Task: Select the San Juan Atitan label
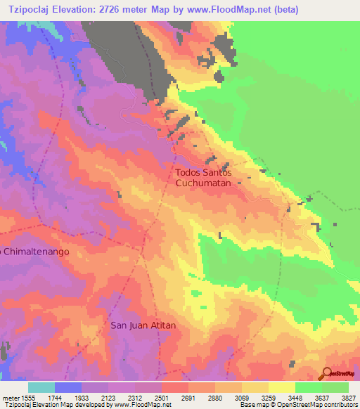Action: point(143,325)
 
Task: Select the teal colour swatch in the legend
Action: point(41,387)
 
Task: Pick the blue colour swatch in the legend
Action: point(68,387)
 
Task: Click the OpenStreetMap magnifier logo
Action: point(326,373)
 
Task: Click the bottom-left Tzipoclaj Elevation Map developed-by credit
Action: point(86,405)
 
